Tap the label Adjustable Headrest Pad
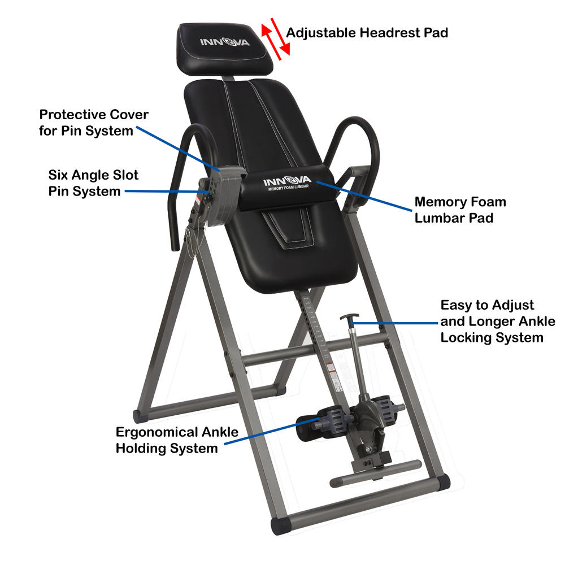(x=367, y=33)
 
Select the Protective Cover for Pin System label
(x=94, y=123)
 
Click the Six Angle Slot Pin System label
(x=93, y=183)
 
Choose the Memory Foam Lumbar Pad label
(x=460, y=210)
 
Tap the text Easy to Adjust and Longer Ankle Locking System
(x=497, y=321)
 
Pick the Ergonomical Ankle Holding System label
(x=176, y=440)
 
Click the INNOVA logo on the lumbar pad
(x=288, y=182)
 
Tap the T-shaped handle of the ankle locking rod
(x=349, y=318)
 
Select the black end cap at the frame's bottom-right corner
(x=441, y=481)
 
